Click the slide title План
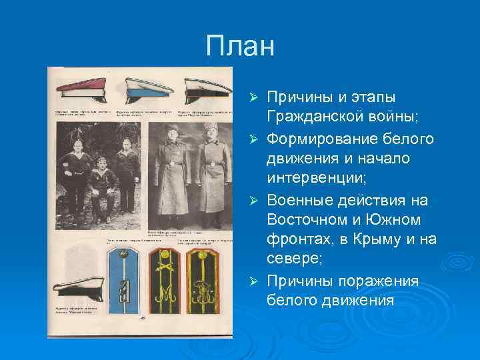tap(240, 47)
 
